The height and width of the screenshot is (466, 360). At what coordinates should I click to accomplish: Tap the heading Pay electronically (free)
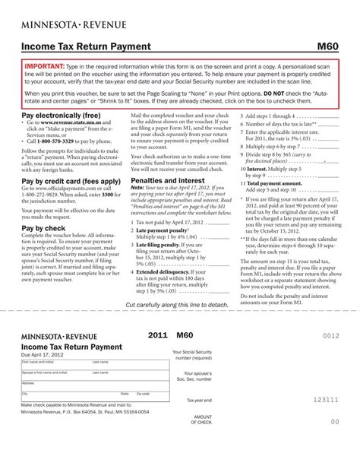coord(60,114)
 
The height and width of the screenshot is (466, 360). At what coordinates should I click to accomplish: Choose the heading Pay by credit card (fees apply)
coord(71,181)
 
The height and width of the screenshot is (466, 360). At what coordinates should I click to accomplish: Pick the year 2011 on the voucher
coord(157,334)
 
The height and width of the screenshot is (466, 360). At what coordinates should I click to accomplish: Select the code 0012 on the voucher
coord(330,335)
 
